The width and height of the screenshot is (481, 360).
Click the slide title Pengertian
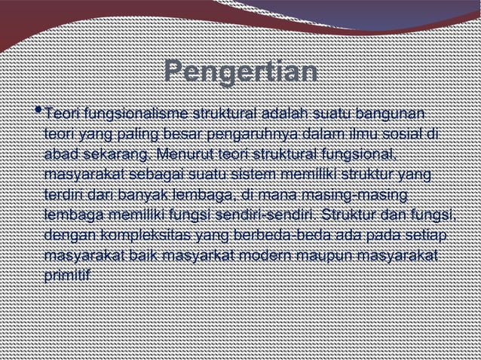coord(240,73)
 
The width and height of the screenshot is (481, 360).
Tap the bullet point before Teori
coord(38,112)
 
